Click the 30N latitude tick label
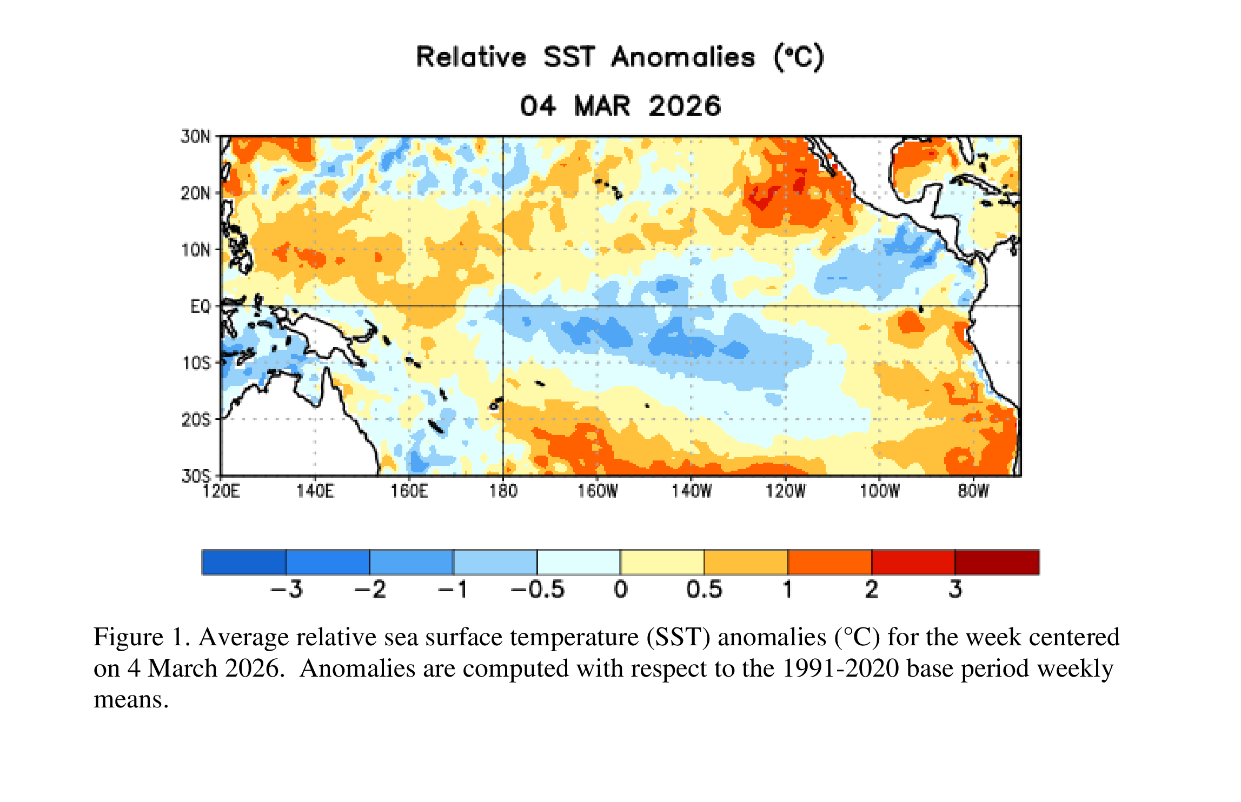(x=195, y=137)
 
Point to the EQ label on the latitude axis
(x=200, y=307)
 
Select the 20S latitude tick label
(x=196, y=420)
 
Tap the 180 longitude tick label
(x=503, y=491)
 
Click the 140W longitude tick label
(x=691, y=491)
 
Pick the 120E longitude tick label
(x=221, y=491)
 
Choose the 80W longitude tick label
(x=973, y=491)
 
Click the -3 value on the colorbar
(x=287, y=589)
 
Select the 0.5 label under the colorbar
(x=704, y=589)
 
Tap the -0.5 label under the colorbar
(x=537, y=589)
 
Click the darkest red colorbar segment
(x=997, y=562)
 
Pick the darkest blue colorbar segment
(x=244, y=562)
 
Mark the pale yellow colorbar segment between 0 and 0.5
(x=662, y=562)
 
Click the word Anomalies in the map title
(x=683, y=57)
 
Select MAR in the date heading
(x=602, y=106)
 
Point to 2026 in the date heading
(x=685, y=106)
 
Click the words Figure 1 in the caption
(x=142, y=637)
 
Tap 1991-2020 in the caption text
(x=841, y=669)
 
